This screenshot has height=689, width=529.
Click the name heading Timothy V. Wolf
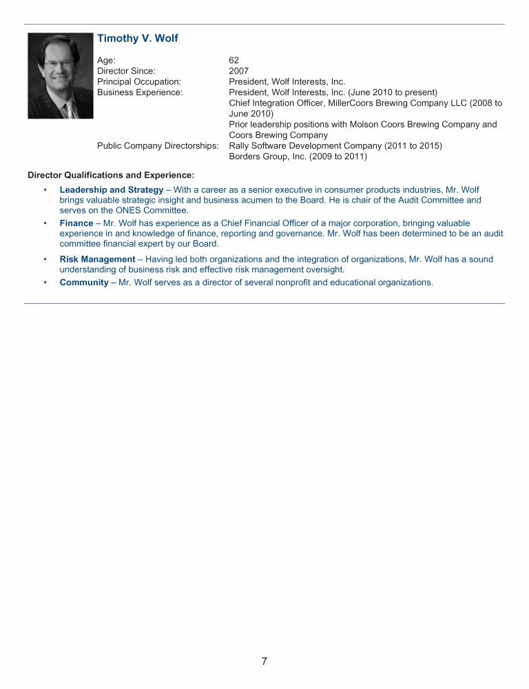pos(138,39)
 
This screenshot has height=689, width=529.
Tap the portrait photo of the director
pos(61,75)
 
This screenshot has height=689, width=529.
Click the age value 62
pos(234,61)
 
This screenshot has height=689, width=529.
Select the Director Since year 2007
pos(239,71)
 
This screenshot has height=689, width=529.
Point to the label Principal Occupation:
pos(139,82)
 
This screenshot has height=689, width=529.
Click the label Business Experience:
pos(140,92)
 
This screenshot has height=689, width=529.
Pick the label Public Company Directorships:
pos(158,146)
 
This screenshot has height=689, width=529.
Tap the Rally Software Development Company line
pos(335,146)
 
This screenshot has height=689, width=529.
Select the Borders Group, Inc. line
pos(298,156)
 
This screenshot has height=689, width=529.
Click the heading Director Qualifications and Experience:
pos(111,175)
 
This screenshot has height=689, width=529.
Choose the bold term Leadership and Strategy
pos(112,189)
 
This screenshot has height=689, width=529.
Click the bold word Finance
pos(76,223)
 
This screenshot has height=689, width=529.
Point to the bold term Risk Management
pos(98,259)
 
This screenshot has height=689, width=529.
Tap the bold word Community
pos(83,282)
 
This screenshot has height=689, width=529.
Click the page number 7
pos(264,661)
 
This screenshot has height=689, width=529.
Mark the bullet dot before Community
pos(45,282)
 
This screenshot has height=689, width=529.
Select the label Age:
pos(107,61)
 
